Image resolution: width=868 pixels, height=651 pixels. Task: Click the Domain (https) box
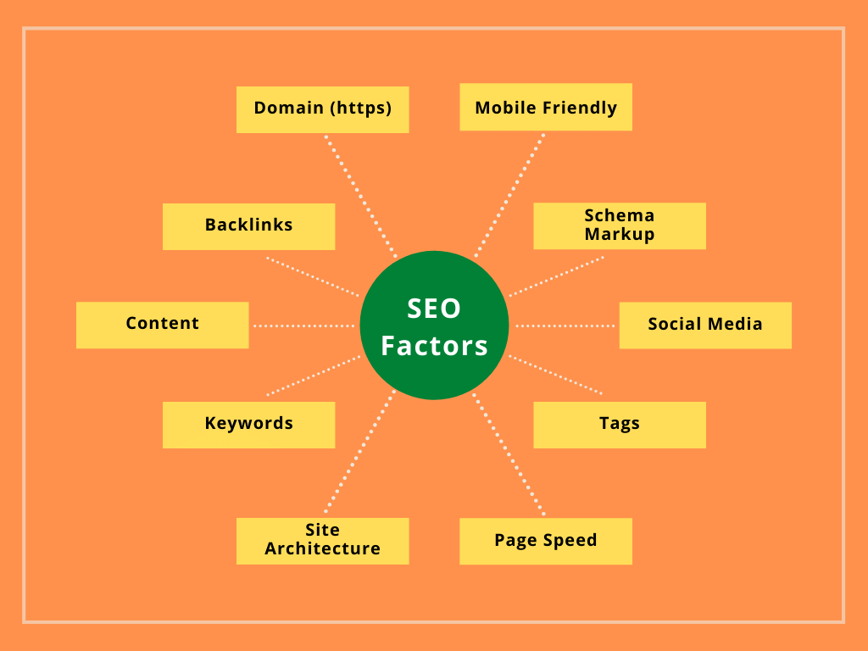tap(322, 108)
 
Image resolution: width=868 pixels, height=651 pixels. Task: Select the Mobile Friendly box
tap(545, 108)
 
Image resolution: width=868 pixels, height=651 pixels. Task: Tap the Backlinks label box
tap(248, 225)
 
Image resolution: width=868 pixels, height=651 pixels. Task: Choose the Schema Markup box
tap(619, 225)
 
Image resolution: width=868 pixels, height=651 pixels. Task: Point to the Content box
tap(162, 324)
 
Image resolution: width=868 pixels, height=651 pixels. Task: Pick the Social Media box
tap(704, 325)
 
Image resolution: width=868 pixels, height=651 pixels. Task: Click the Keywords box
tap(248, 424)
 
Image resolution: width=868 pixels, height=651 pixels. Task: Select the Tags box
tap(619, 424)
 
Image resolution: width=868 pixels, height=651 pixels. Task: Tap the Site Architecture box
tap(322, 540)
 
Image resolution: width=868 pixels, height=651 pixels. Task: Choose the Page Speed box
tap(545, 541)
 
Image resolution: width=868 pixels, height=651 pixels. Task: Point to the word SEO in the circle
tap(434, 309)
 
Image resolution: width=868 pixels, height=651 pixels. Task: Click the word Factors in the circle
tap(434, 346)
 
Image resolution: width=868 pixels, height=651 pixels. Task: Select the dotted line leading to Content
tap(303, 325)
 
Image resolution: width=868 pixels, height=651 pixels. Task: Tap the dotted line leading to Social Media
tap(565, 325)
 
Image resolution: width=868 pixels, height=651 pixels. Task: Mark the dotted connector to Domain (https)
tap(359, 194)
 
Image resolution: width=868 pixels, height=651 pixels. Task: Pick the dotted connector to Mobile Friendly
tap(509, 194)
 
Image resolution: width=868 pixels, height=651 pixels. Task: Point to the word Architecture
tap(322, 549)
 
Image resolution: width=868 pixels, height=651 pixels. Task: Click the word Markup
tap(619, 234)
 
